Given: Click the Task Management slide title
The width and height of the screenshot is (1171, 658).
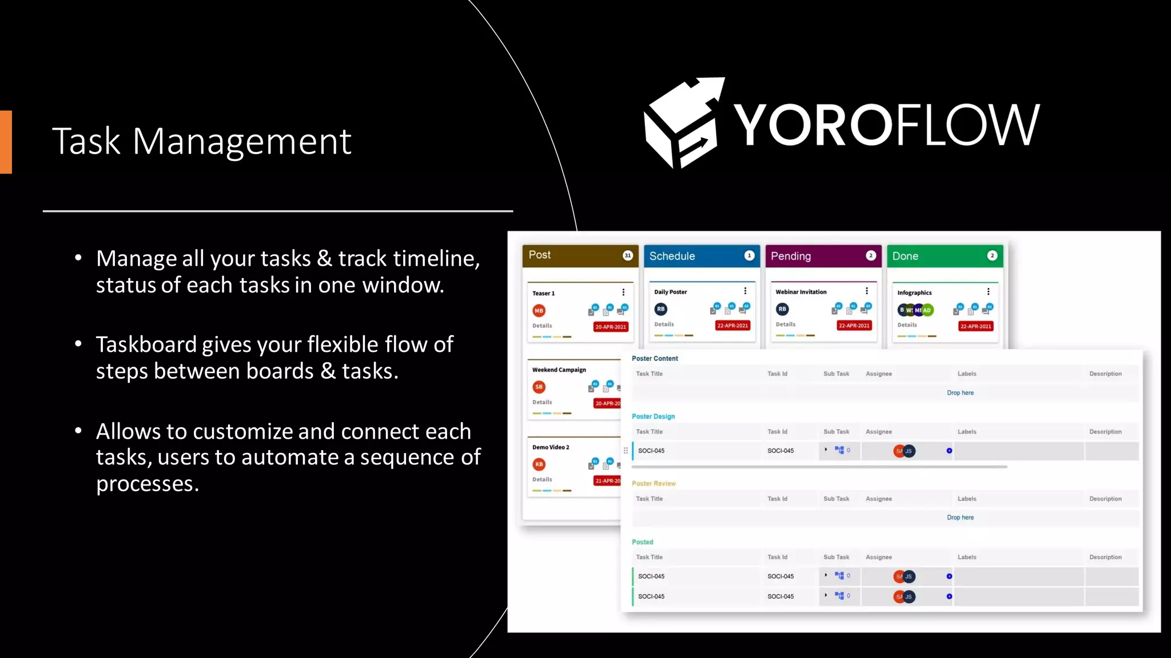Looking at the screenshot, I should click(x=201, y=141).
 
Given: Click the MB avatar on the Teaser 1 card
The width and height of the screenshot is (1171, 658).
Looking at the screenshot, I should click(x=539, y=311).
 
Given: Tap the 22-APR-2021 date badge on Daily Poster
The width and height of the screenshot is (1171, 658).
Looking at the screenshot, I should click(x=732, y=326).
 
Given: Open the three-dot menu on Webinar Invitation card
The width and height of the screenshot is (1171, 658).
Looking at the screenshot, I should click(x=867, y=291).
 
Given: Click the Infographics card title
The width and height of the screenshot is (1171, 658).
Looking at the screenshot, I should click(x=914, y=292).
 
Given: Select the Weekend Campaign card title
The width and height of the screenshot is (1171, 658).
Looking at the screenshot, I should click(x=559, y=370).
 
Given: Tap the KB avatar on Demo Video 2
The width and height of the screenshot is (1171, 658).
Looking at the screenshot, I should click(x=539, y=464).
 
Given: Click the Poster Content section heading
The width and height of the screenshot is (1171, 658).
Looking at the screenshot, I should click(x=655, y=359).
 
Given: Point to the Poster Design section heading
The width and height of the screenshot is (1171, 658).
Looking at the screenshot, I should click(x=653, y=416).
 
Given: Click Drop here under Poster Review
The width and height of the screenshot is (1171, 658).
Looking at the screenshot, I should click(x=960, y=517).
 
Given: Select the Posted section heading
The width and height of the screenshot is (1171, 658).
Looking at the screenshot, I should click(x=642, y=542).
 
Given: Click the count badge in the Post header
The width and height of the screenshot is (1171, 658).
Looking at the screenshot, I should click(x=627, y=255).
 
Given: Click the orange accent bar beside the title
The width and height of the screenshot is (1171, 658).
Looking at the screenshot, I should click(x=6, y=142).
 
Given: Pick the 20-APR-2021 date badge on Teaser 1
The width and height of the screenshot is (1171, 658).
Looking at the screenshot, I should click(x=611, y=327).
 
